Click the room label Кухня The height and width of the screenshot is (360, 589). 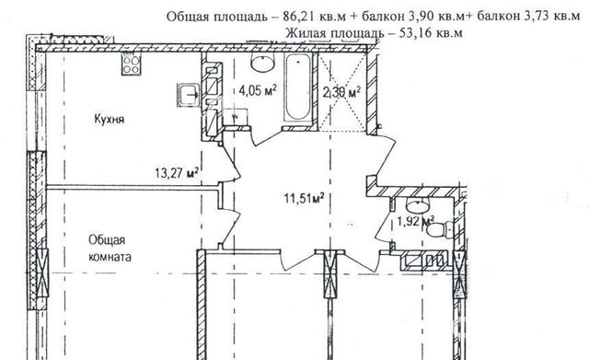click(x=109, y=120)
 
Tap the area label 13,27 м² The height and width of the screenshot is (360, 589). click(x=177, y=173)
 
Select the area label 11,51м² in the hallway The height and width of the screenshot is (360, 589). click(x=304, y=198)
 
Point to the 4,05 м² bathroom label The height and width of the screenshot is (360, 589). click(x=258, y=90)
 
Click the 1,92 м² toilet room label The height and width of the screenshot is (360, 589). click(x=416, y=221)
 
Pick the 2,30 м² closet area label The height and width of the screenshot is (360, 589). click(x=341, y=92)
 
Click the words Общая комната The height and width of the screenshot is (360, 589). click(x=110, y=249)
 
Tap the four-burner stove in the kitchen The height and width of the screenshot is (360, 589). click(x=131, y=64)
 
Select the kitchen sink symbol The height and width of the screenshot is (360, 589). click(x=188, y=94)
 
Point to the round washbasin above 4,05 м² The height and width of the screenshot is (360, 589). click(x=262, y=63)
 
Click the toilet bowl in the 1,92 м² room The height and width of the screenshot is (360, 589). click(x=441, y=229)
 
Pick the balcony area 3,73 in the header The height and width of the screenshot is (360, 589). click(x=533, y=17)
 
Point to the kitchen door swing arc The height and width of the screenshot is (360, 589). click(x=233, y=162)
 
